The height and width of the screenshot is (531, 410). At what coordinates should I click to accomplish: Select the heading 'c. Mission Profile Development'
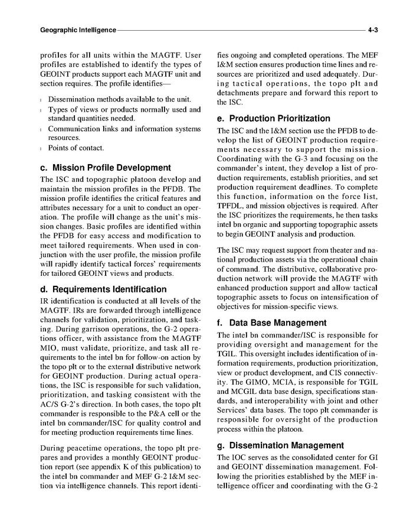tap(105, 168)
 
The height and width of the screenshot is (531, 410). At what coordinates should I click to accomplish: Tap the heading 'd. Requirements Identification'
tap(103, 289)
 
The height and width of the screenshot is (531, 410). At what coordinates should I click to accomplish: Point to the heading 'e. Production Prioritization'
tap(274, 119)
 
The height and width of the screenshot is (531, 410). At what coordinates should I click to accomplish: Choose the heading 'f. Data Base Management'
tap(271, 323)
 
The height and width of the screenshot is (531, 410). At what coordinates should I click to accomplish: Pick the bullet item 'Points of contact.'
tap(76, 148)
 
